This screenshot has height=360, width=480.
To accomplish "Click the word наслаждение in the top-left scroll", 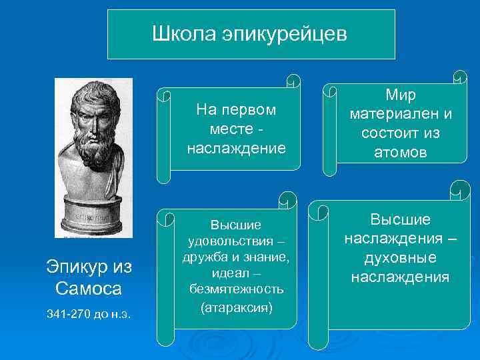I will pos(236,147).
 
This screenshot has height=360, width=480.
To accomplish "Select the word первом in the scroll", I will pos(253,109).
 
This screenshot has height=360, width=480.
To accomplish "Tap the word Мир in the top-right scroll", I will pos(401,95).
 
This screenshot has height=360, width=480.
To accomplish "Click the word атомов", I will pos(401,152).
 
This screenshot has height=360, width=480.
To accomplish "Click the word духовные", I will pos(401,257).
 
